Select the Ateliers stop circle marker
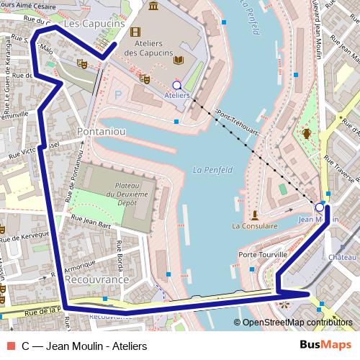pyautogui.click(x=177, y=85)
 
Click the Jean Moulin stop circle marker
pyautogui.click(x=320, y=206)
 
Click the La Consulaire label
pyautogui.click(x=255, y=226)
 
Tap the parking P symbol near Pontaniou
pyautogui.click(x=119, y=94)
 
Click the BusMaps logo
pyautogui.click(x=325, y=345)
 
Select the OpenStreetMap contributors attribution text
pyautogui.click(x=297, y=322)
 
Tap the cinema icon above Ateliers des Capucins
pyautogui.click(x=135, y=31)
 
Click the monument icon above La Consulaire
pyautogui.click(x=255, y=214)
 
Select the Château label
pyautogui.click(x=343, y=256)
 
